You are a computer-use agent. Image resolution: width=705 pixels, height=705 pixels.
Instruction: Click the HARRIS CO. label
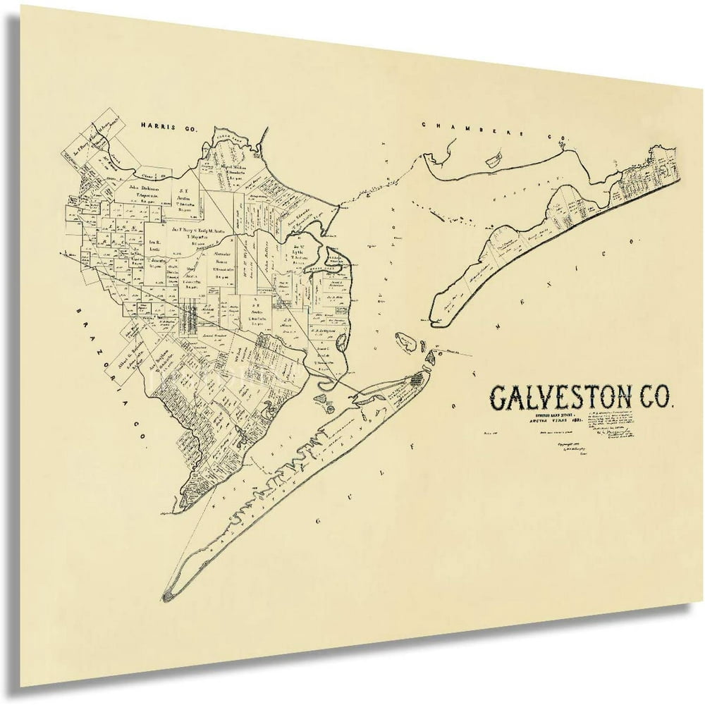pyautogui.click(x=169, y=128)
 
